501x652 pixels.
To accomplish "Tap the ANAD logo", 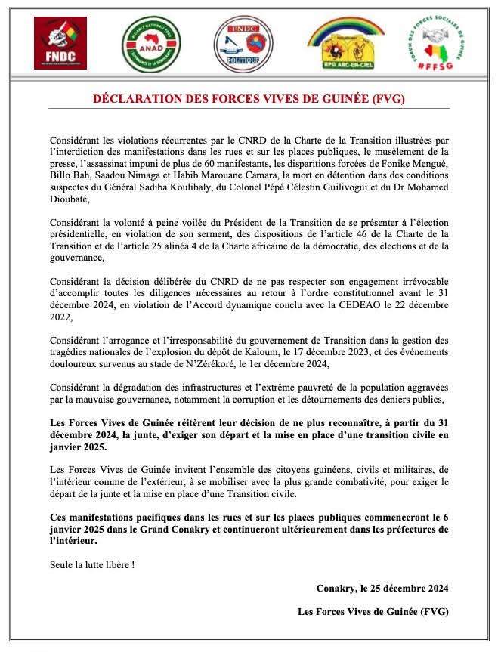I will pyautogui.click(x=146, y=45).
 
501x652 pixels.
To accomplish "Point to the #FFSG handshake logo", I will pyautogui.click(x=440, y=44).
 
